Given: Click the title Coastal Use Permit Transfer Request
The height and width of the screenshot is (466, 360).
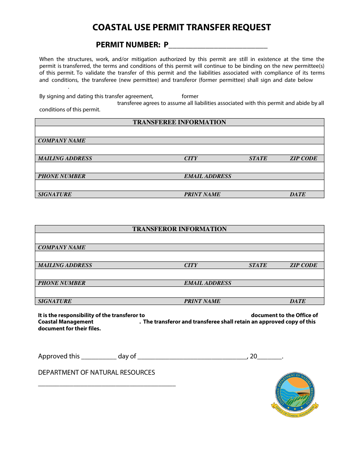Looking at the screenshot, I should coord(182,27).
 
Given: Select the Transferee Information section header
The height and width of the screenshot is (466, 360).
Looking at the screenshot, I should coord(179,122).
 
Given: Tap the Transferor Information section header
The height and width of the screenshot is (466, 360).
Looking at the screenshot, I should coord(179,229).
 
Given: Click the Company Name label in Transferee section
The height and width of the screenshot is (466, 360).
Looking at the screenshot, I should coord(62,141).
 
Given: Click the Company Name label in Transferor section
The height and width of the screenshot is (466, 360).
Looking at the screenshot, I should coord(62,247).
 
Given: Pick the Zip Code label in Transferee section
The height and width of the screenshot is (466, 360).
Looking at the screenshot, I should coord(303,158).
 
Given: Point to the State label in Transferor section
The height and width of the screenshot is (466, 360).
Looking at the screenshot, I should coord(258,265).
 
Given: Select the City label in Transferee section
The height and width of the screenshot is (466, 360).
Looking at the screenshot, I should coord(191,158).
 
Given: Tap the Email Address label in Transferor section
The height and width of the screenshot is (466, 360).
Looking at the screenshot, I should coord(207,283).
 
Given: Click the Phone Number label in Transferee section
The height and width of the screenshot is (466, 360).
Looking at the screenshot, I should coord(62,176).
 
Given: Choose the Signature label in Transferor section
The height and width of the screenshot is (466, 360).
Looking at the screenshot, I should coord(55,301).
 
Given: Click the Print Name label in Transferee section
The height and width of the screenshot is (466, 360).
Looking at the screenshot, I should coord(202,194).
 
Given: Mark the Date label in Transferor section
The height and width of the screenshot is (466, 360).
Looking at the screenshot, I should coord(297,301).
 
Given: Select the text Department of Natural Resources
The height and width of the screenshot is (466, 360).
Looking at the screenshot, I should coord(96,372).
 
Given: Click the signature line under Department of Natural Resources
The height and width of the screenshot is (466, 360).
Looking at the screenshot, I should coord(107,385).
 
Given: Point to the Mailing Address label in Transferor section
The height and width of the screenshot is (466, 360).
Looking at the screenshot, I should coord(65,265).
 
